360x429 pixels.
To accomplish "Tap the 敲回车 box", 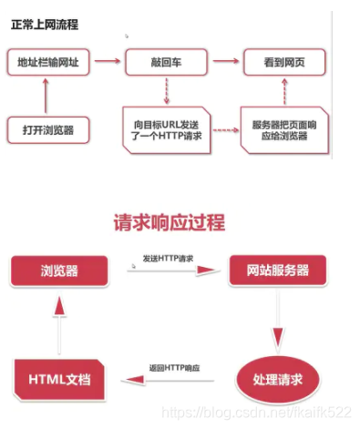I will coord(167,62).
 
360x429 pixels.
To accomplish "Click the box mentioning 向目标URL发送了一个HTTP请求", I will coord(167,129).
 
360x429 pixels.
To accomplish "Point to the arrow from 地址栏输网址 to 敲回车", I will coord(109,62).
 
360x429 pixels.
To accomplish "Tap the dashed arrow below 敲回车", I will coord(167,92).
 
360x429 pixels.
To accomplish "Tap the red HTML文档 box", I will coord(60,379).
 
